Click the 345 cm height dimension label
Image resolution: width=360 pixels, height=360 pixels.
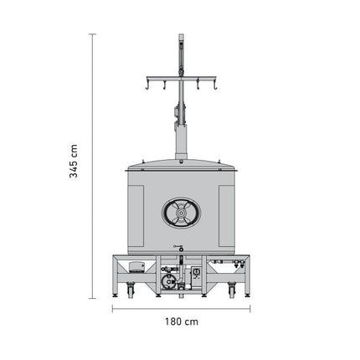(74, 161)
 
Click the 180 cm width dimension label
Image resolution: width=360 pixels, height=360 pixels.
(182, 321)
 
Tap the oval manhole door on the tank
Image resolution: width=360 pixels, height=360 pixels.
(182, 213)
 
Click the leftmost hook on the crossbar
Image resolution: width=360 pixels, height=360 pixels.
(147, 85)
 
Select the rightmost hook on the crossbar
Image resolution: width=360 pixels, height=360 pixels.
(215, 85)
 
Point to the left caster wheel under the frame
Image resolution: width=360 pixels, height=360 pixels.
(131, 291)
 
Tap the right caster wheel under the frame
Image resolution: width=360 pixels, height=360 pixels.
(232, 291)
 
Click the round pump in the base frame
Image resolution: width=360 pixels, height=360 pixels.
(169, 280)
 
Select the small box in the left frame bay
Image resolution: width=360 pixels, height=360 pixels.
(136, 267)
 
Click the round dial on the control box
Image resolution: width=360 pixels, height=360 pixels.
(196, 271)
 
